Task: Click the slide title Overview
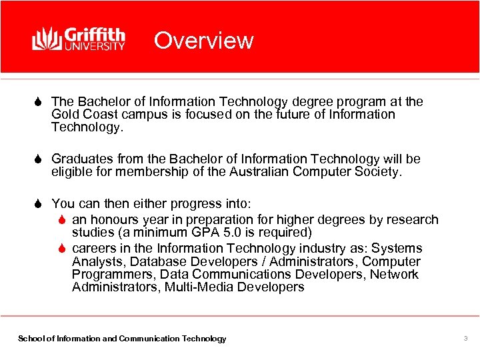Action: [x=203, y=41]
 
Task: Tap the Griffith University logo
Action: [x=79, y=39]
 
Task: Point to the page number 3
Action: [x=466, y=339]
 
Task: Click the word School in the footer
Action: [x=30, y=339]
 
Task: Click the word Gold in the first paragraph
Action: [x=65, y=115]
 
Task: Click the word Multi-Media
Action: [x=194, y=287]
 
